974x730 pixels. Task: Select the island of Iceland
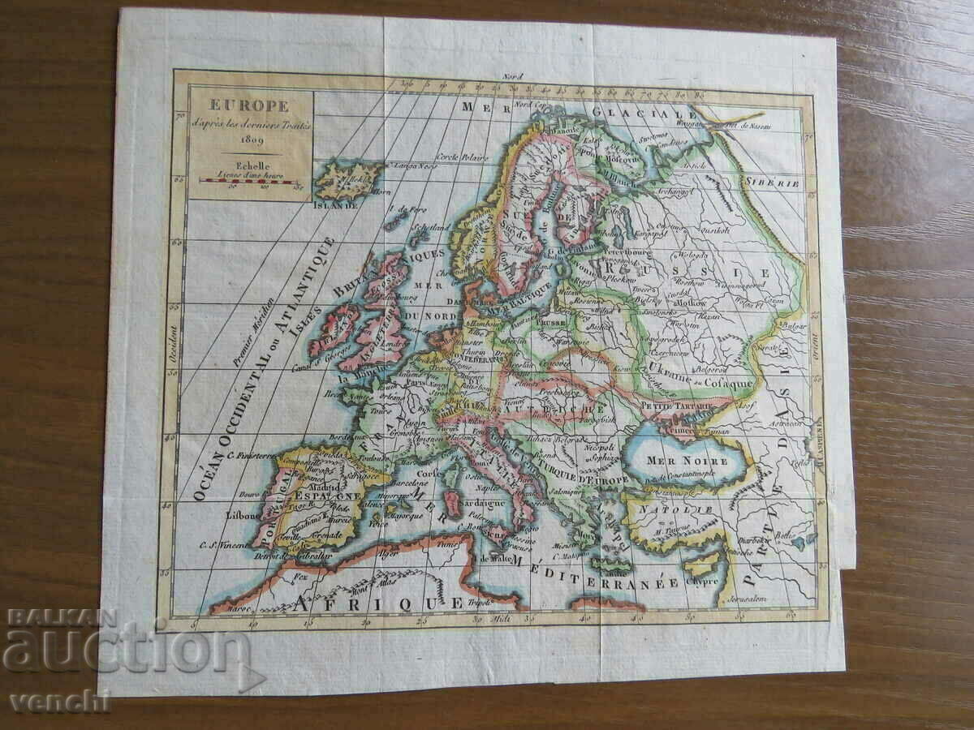tap(347, 179)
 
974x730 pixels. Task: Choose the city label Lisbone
tap(244, 515)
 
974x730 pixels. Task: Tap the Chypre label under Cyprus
tap(703, 582)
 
